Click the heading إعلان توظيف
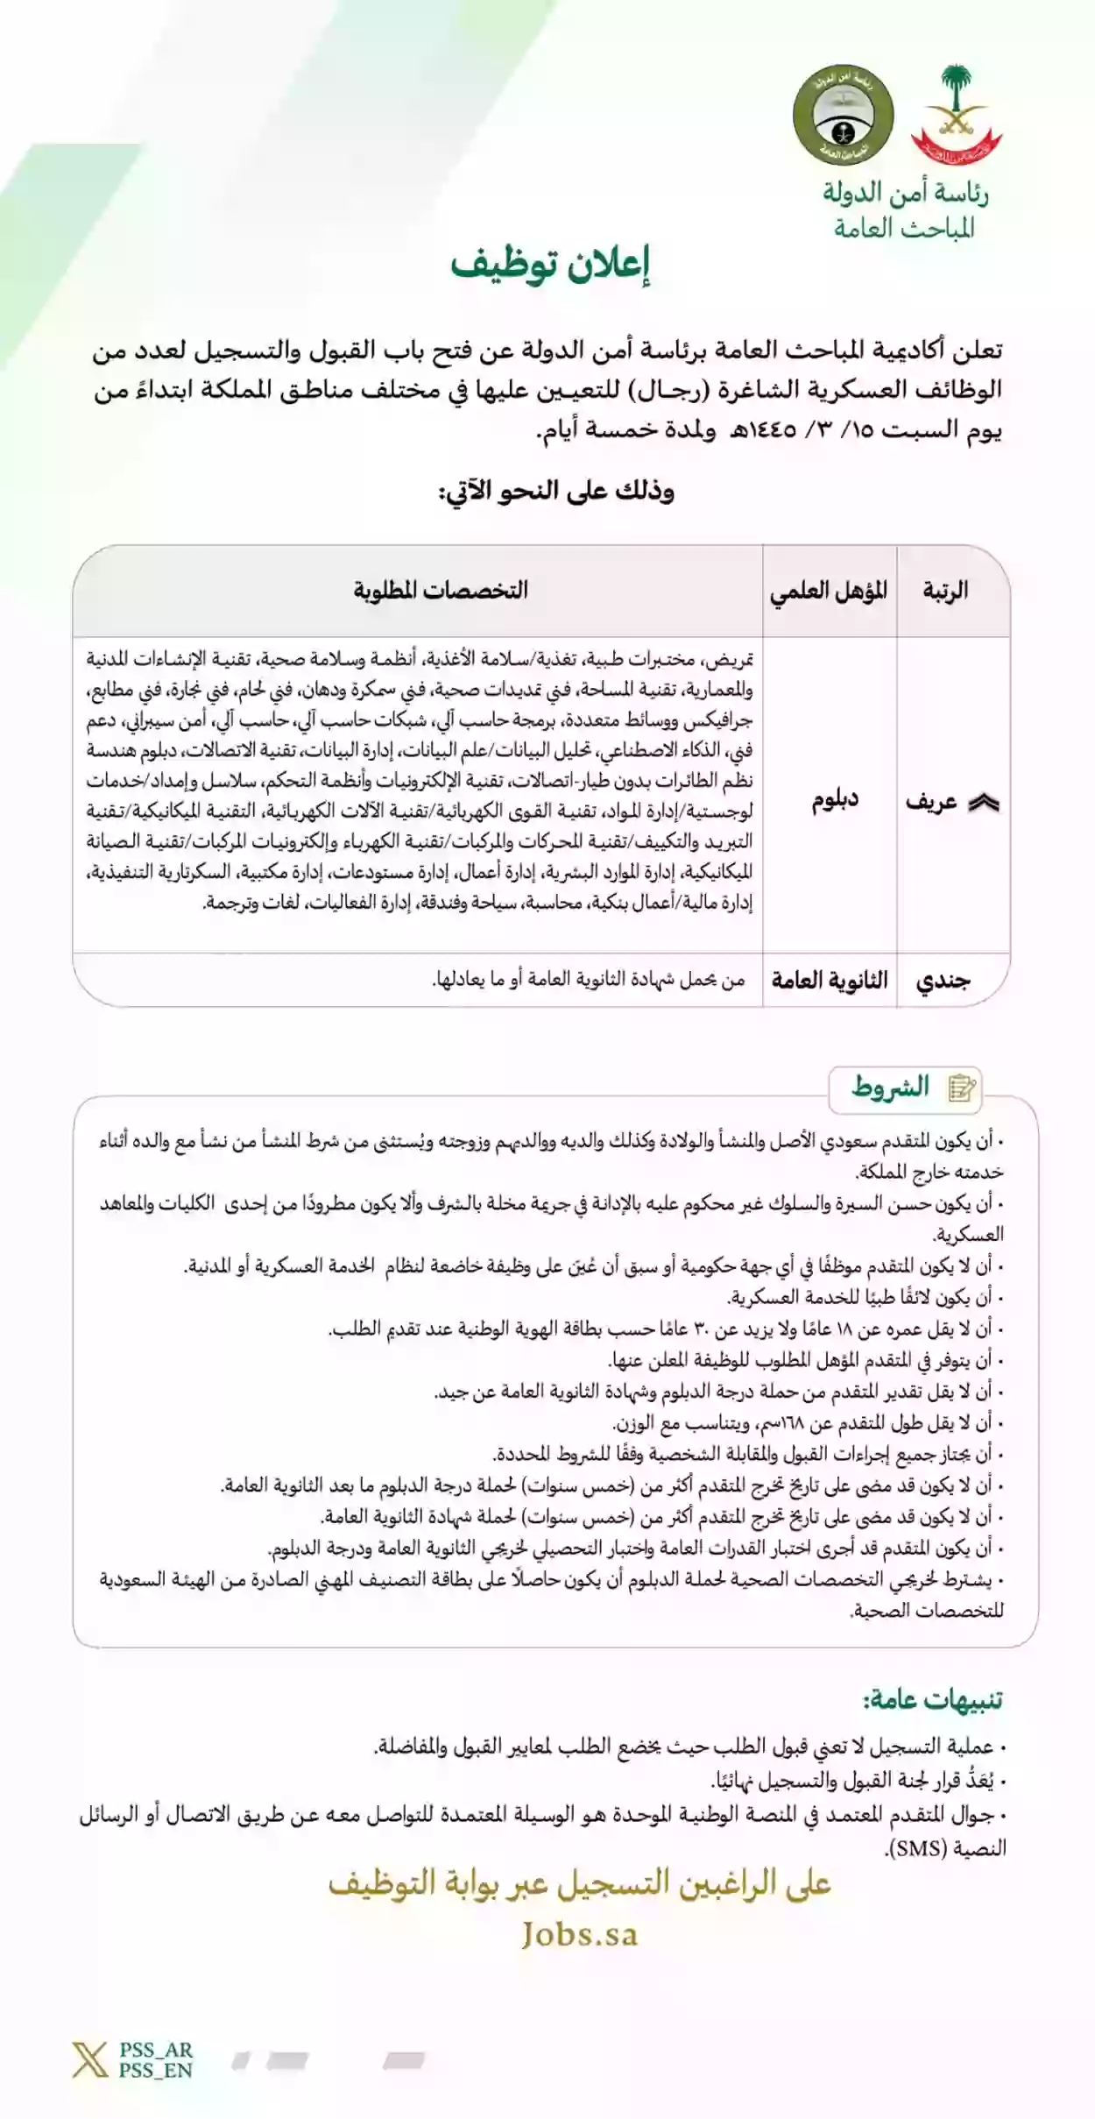pyautogui.click(x=550, y=266)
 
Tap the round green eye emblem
pyautogui.click(x=843, y=115)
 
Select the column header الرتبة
pyautogui.click(x=945, y=590)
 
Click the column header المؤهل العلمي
pyautogui.click(x=829, y=591)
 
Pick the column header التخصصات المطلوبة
pyautogui.click(x=441, y=590)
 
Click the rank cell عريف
pyautogui.click(x=931, y=801)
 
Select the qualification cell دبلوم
pyautogui.click(x=834, y=799)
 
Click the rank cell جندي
pyautogui.click(x=943, y=980)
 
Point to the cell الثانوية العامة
pyautogui.click(x=830, y=980)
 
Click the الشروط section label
pyautogui.click(x=890, y=1088)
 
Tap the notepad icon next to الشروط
pyautogui.click(x=962, y=1088)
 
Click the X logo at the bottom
pyautogui.click(x=89, y=2059)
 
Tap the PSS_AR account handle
pyautogui.click(x=156, y=2050)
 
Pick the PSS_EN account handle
pyautogui.click(x=156, y=2070)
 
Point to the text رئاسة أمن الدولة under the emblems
pyautogui.click(x=905, y=193)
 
